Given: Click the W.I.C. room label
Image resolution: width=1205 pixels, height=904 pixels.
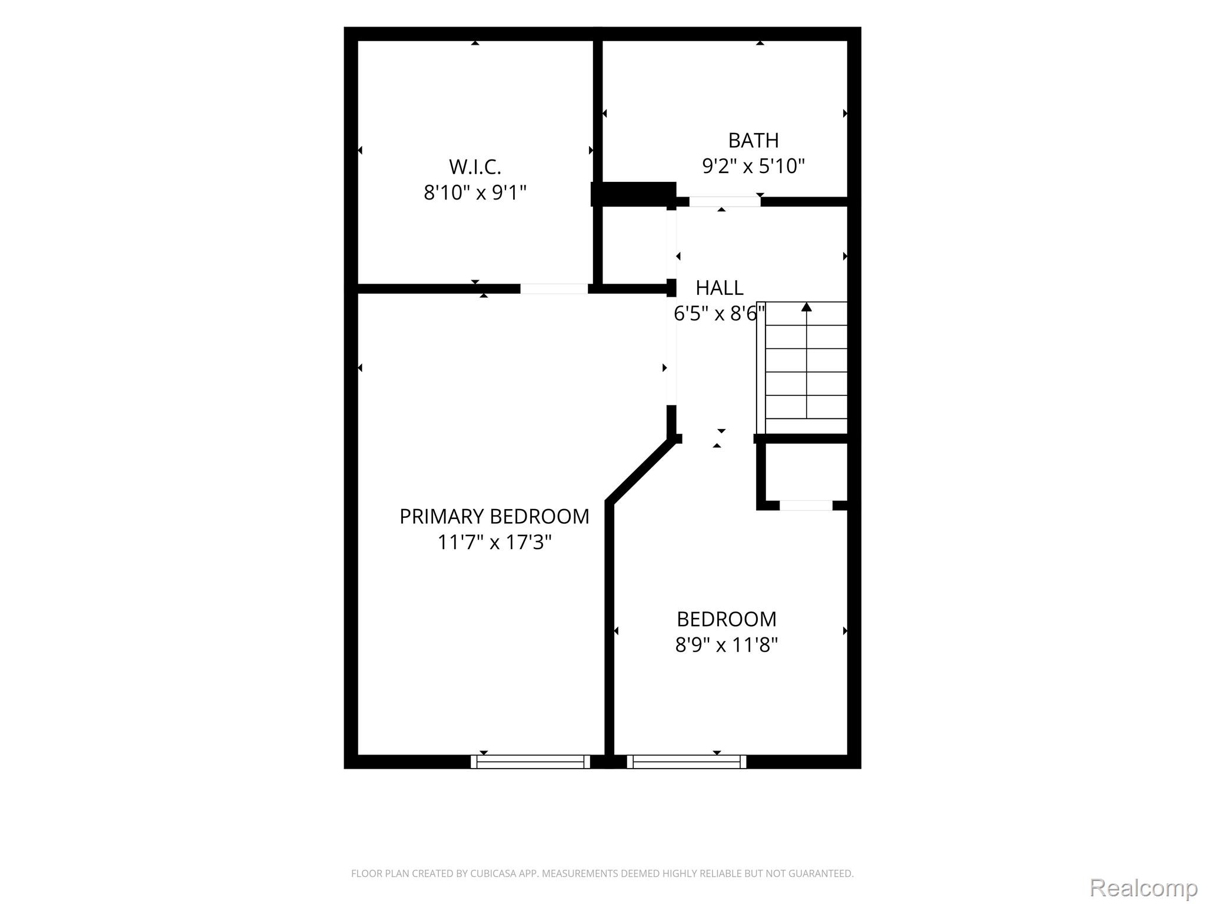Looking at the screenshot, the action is pos(475,167).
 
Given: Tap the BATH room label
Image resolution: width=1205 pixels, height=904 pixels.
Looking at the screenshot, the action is pos(753,140).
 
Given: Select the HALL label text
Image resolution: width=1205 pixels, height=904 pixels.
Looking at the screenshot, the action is pos(719,288).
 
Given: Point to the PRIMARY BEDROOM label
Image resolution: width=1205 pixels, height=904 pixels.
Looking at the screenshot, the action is pos(494,516).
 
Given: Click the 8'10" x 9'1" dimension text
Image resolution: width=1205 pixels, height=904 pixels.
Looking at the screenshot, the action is pos(475,192).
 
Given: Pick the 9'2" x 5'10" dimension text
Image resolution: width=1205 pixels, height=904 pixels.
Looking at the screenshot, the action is pos(753,166).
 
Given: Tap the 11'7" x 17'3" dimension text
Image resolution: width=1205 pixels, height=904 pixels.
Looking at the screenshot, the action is pos(494,542).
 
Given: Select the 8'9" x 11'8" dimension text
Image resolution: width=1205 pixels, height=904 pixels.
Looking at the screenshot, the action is pos(726,645).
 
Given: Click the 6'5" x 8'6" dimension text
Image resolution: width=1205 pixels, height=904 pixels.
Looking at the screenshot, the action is pos(719,314).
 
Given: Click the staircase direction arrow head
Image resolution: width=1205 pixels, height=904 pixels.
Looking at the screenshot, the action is pos(807,307).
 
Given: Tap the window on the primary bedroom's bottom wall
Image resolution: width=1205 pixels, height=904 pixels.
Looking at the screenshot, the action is pos(530,762).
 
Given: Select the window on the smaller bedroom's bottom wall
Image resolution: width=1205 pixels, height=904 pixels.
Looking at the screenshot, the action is pos(687,762).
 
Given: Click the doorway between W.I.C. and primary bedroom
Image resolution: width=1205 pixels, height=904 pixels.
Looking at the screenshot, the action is pos(554,288).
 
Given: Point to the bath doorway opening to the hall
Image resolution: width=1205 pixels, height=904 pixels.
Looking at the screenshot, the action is pos(724,201).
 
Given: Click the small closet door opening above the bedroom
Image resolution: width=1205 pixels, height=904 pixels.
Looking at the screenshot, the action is pos(806,505).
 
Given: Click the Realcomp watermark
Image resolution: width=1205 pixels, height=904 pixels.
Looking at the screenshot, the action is pos(1143,888).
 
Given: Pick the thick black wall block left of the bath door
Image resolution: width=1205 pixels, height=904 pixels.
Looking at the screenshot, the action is pos(633,194).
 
